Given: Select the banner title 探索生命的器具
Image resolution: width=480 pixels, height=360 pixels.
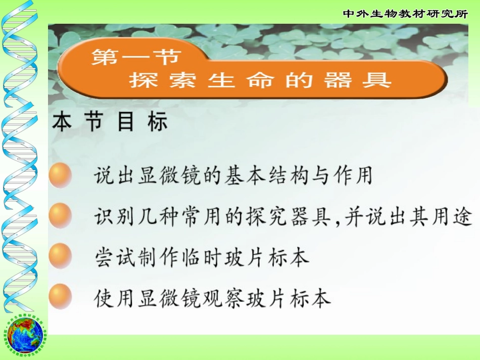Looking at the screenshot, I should point(260,80).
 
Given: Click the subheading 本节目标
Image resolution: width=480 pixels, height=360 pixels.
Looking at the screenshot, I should point(110,123).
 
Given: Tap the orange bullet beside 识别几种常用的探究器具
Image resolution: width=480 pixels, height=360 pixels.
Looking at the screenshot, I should point(60,216).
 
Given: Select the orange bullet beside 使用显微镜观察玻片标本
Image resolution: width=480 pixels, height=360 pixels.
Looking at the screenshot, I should point(60,297).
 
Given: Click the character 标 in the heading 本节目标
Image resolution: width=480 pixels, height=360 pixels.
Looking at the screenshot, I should point(157,123).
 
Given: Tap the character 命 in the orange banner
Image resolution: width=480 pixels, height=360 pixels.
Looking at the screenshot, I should point(260,80).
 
